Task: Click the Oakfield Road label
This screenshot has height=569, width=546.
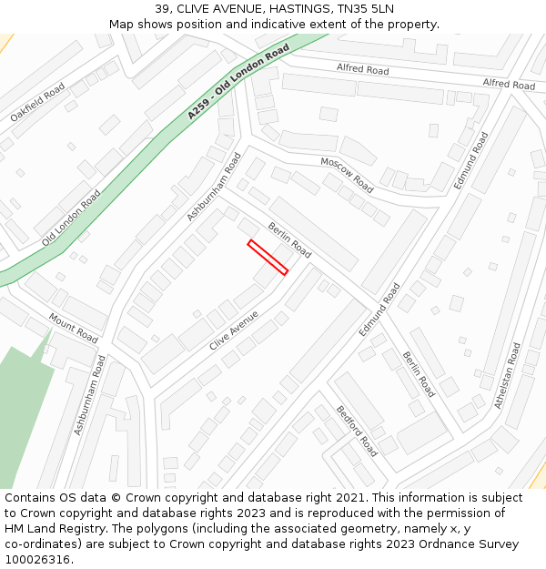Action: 37,102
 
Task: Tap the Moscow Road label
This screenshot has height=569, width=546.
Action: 347,174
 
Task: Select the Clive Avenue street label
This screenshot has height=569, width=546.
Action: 234,330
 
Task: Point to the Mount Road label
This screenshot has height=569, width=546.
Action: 73,328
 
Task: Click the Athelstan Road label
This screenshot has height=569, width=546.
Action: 508,375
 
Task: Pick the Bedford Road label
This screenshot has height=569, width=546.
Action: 357,432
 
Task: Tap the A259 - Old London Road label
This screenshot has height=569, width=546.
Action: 238,81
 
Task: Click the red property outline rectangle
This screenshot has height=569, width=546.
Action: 268,257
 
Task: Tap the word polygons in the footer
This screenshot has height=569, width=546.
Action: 181,529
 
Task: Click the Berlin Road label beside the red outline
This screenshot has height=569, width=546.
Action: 289,239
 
